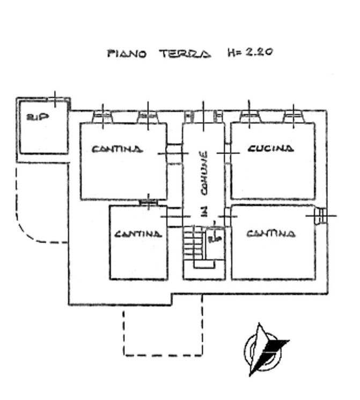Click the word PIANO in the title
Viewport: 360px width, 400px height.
click(127, 54)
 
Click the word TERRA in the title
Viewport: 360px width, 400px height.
click(185, 54)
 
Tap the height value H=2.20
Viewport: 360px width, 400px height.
click(251, 52)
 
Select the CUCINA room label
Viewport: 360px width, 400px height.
click(271, 149)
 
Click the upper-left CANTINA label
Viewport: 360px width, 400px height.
click(117, 149)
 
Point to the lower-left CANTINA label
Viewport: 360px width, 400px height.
click(138, 234)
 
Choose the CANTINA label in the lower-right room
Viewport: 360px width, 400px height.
click(271, 234)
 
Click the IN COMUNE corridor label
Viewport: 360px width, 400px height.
click(204, 184)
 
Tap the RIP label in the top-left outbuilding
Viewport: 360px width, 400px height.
click(38, 117)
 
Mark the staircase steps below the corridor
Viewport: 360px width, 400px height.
click(194, 244)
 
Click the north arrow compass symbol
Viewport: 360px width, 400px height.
click(266, 350)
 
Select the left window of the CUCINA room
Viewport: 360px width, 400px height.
click(250, 117)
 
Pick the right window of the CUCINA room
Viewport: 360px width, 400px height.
click(293, 117)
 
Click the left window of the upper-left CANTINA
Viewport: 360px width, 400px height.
click(103, 117)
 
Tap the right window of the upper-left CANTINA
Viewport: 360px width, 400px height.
click(148, 117)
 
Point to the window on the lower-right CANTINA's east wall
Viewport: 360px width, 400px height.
click(321, 216)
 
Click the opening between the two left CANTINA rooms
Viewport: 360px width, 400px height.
click(149, 202)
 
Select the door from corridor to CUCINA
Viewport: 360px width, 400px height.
click(227, 154)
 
